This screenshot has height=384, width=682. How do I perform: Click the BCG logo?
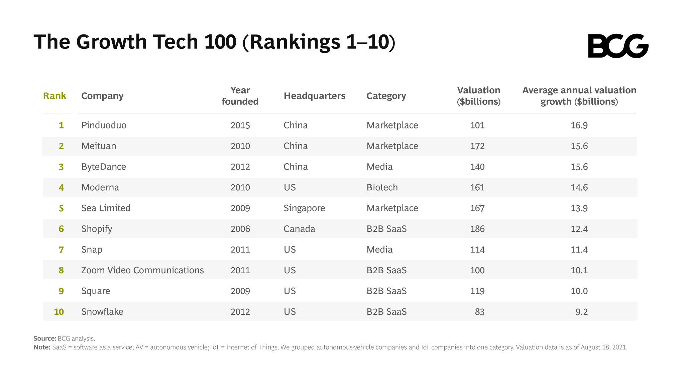[x=618, y=46]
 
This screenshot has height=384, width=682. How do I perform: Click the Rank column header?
[x=54, y=96]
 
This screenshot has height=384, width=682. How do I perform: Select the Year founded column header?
[x=240, y=96]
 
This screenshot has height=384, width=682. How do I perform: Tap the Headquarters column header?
[x=314, y=96]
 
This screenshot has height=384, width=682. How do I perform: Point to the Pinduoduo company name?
[x=104, y=125]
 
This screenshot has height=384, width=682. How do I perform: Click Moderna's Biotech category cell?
[x=382, y=187]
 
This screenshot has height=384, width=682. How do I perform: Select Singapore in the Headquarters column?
[x=304, y=208]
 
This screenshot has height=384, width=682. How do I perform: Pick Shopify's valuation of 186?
[x=477, y=229]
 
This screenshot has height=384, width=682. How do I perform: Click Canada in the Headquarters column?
[x=299, y=229]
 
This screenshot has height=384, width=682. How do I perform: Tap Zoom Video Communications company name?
[x=142, y=270]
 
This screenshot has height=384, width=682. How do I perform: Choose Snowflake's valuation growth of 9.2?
[x=581, y=312]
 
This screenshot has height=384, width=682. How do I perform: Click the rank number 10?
[x=59, y=312]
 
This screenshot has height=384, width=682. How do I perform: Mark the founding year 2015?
[x=240, y=125]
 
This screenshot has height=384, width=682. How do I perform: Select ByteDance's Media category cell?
[x=379, y=167]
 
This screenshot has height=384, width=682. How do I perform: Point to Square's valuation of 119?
[x=477, y=291]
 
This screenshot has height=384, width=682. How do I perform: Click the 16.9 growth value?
[x=579, y=125]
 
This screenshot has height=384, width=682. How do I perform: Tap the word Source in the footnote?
[x=45, y=339]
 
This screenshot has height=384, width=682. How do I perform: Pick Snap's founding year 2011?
[x=240, y=250]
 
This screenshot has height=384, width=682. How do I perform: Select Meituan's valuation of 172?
[x=477, y=146]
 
